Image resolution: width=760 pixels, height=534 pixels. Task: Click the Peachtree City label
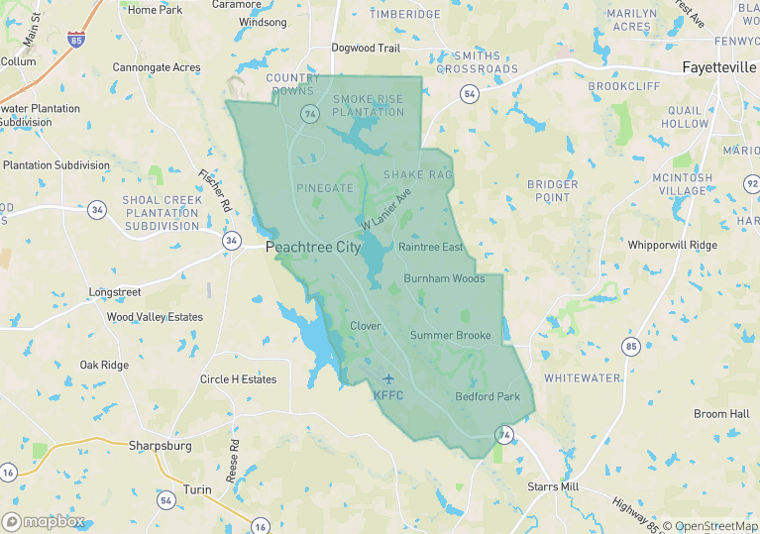tap(313, 247)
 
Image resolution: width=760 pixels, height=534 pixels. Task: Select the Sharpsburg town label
tap(160, 446)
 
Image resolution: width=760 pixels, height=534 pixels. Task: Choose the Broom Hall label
tap(721, 414)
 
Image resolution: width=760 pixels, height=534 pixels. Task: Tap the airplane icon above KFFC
tap(388, 378)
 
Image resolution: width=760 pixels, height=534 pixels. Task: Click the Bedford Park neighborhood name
tap(488, 397)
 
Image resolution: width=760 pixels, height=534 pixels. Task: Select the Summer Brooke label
tap(451, 336)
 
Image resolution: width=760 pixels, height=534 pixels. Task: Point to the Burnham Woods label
tap(444, 279)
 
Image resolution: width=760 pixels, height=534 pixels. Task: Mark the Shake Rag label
tap(417, 175)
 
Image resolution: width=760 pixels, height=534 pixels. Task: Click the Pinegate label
tap(325, 188)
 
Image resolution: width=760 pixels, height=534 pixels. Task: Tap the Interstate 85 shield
tap(76, 41)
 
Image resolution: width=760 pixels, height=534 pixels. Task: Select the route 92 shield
tap(752, 184)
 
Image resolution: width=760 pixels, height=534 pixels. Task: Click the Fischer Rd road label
tap(214, 191)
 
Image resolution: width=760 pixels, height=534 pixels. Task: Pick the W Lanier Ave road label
tap(385, 211)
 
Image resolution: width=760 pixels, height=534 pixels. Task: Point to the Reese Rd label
tap(233, 460)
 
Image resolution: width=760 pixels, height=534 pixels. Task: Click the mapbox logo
tap(44, 521)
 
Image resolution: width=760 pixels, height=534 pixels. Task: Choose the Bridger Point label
tap(552, 190)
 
